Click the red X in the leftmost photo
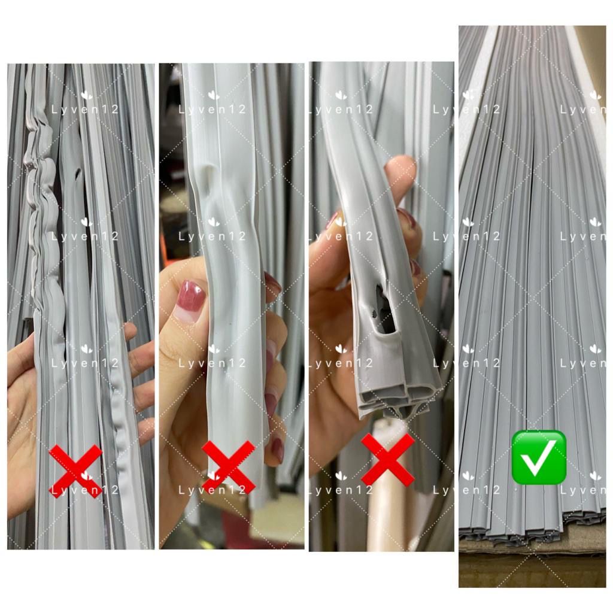pos(75,471)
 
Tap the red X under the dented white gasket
pos(229,467)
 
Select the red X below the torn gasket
pos(387,460)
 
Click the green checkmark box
pos(539,457)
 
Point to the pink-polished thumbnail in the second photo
pos(190,302)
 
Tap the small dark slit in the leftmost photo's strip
pos(78,175)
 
